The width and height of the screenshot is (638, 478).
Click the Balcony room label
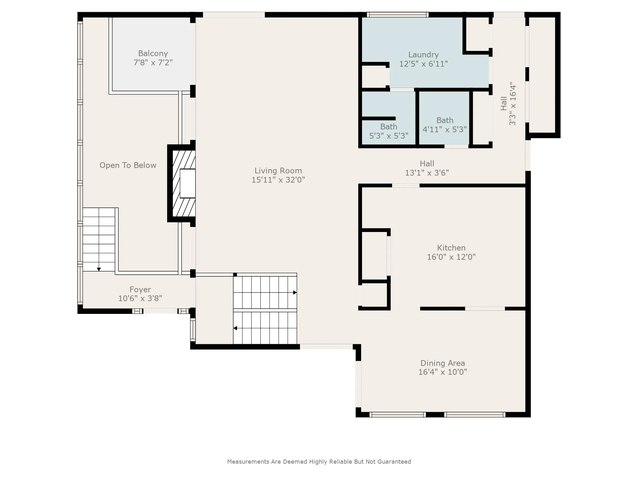153,54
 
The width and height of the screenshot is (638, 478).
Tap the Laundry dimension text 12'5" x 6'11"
424,64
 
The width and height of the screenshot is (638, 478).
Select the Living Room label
278,171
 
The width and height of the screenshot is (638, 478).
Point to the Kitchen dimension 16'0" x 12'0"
451,257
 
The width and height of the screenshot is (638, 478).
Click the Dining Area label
443,363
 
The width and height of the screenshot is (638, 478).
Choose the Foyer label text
140,290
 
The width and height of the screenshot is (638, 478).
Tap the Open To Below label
128,165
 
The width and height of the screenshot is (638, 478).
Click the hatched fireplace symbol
184,183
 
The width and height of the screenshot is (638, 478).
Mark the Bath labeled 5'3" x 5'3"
389,131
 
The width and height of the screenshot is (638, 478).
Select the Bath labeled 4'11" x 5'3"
445,125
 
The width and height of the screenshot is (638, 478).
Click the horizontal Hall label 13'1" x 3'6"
427,168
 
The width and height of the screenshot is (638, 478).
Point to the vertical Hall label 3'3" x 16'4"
508,104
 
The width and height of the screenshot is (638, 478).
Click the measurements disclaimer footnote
319,461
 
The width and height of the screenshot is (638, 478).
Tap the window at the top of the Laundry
397,15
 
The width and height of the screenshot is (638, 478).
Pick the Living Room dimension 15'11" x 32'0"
278,180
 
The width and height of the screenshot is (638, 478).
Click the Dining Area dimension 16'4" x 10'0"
443,372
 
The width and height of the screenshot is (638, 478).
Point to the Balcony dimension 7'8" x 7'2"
153,62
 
